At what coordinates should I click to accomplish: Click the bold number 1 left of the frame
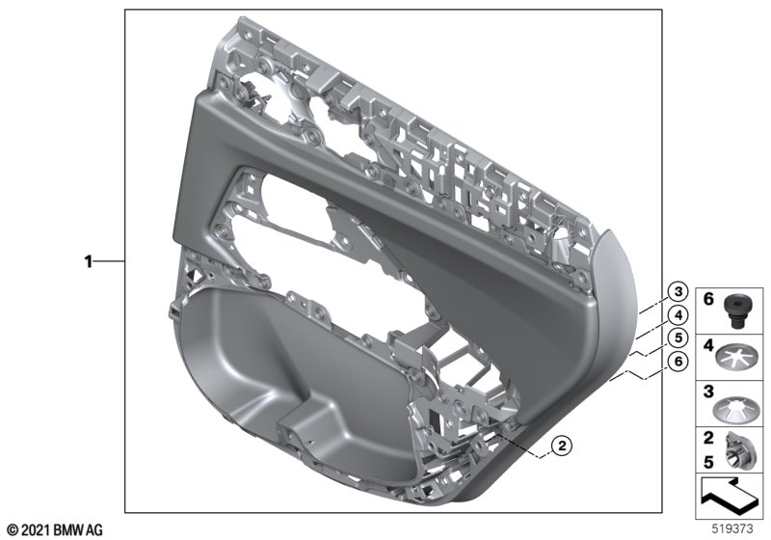pyautogui.click(x=89, y=261)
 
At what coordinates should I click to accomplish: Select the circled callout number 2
pyautogui.click(x=562, y=445)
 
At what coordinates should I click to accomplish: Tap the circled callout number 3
pyautogui.click(x=678, y=291)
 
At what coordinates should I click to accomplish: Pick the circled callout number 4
pyautogui.click(x=678, y=314)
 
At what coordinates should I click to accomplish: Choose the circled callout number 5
pyautogui.click(x=678, y=337)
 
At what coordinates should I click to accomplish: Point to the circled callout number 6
pyautogui.click(x=678, y=362)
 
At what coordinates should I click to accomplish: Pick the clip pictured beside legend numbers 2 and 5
pyautogui.click(x=733, y=451)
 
